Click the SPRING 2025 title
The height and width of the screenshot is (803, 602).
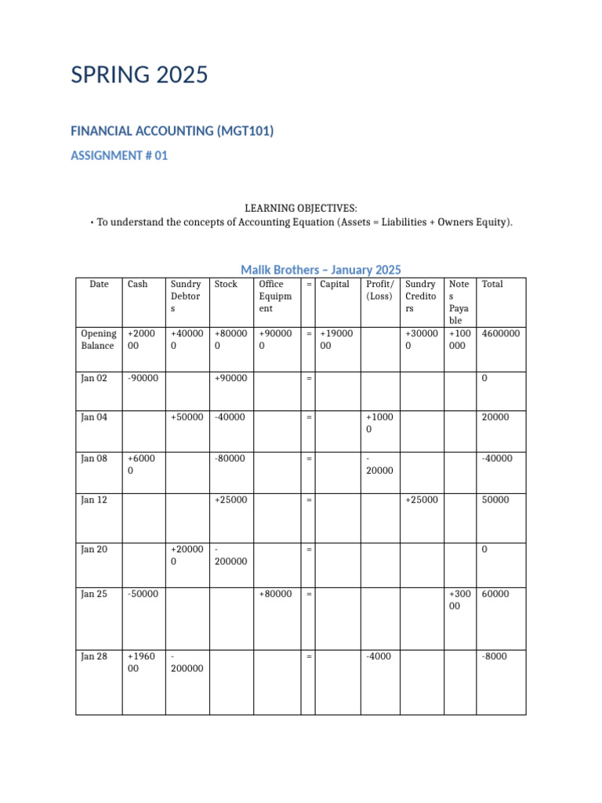tap(140, 75)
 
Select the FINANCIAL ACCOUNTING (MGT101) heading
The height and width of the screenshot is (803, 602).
tap(172, 131)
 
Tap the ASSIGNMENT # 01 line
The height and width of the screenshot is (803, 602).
tap(119, 155)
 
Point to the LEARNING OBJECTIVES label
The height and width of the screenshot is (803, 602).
tap(301, 208)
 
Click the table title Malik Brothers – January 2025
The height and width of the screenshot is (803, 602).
tap(321, 270)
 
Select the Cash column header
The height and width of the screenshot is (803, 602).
tap(137, 284)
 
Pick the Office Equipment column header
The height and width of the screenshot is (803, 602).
tap(274, 296)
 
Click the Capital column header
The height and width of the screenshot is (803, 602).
tap(335, 284)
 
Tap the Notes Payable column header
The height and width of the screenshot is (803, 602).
tap(459, 302)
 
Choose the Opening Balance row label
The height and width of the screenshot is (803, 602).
tap(98, 340)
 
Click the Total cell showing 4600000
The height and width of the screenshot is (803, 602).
tap(501, 333)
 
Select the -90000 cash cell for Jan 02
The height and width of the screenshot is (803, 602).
tap(143, 379)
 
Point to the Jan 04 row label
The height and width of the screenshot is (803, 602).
tap(94, 417)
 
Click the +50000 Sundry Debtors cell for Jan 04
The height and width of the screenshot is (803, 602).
tap(187, 417)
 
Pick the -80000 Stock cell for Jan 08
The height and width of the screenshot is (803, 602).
tap(230, 458)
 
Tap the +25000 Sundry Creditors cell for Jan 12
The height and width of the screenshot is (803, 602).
tap(421, 500)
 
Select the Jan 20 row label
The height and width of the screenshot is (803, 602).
tap(94, 550)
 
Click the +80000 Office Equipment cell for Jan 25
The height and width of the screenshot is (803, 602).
tap(275, 594)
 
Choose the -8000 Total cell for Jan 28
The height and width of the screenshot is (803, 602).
tap(494, 656)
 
